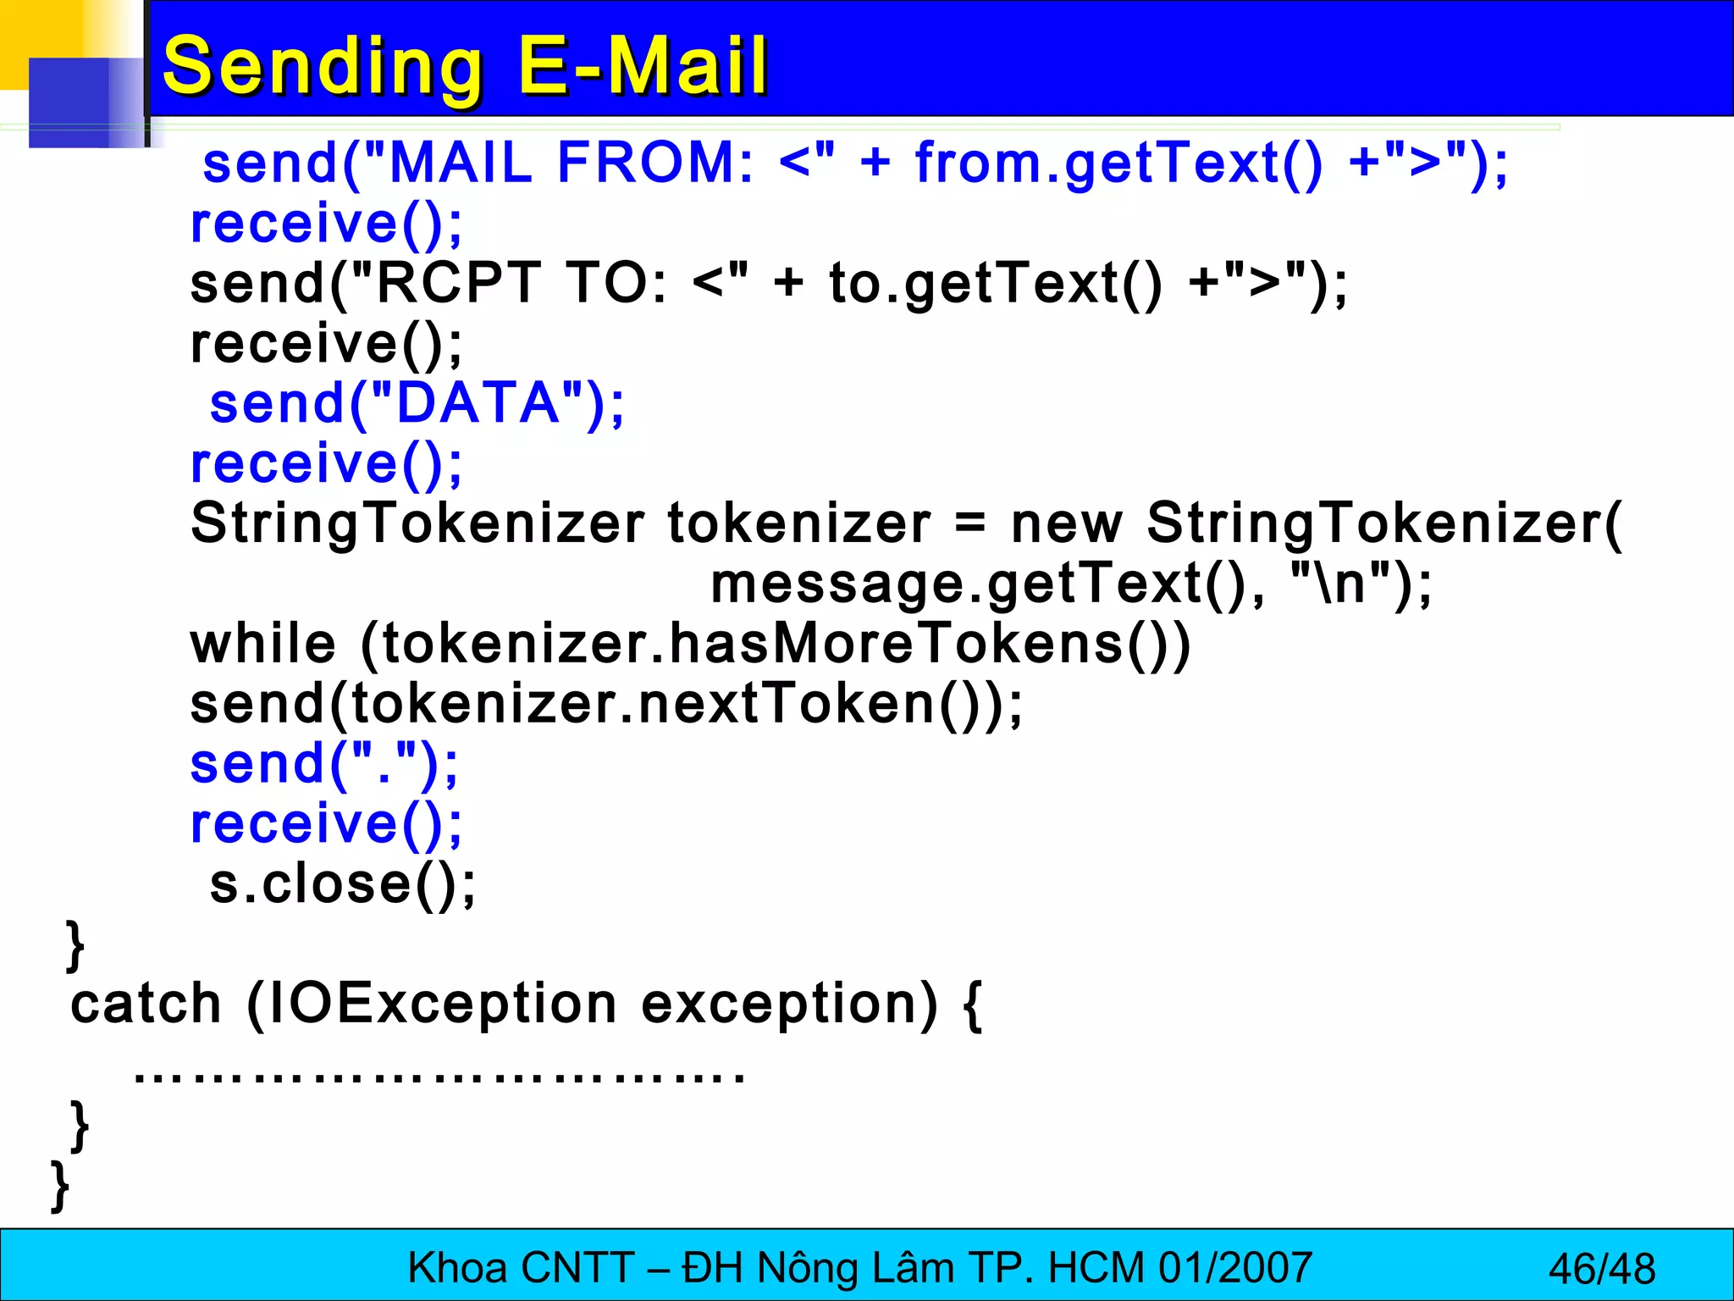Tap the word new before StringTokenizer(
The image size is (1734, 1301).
pos(1066,523)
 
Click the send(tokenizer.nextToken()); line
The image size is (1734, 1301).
pos(606,704)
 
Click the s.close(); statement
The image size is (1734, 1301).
pos(343,884)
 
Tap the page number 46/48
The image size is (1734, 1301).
pos(1601,1269)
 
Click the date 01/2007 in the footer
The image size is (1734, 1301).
pos(1235,1268)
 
